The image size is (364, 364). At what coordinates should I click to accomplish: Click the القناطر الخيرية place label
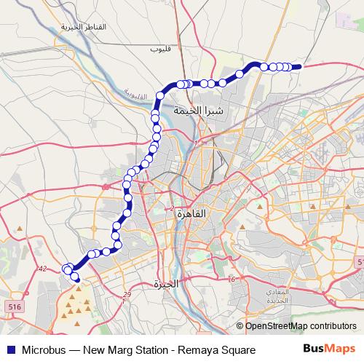84,27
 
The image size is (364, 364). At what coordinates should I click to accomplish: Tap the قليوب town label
159,50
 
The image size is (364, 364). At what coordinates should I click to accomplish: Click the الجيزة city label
167,285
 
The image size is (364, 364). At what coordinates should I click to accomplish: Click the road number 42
42,269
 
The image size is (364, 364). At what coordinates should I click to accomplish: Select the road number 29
127,294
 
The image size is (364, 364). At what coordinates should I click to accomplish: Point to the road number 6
232,280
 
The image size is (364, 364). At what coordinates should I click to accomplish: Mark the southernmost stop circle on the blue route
76,277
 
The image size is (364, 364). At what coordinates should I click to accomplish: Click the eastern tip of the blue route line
300,66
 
